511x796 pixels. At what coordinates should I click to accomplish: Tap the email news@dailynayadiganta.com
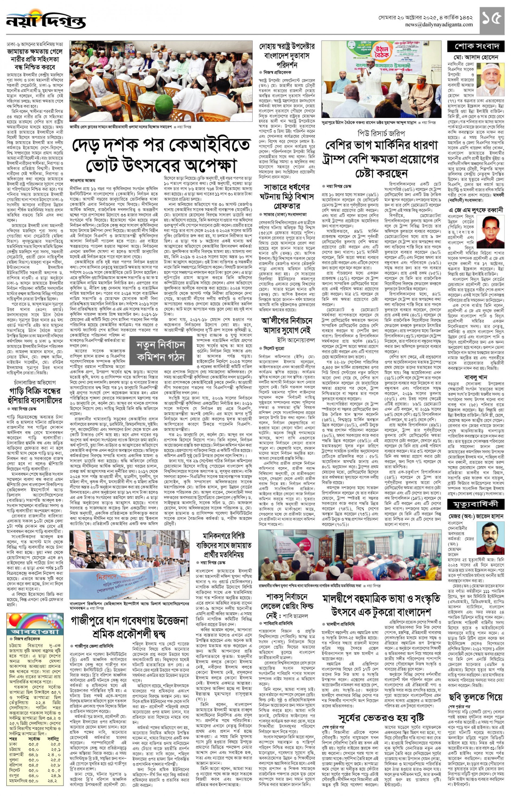(439, 25)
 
